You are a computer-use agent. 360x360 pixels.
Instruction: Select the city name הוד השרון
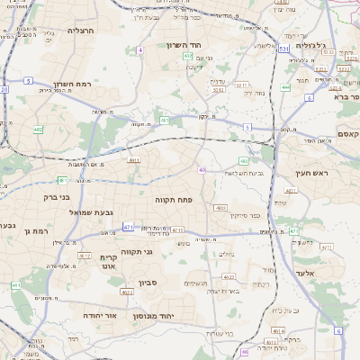point(187,44)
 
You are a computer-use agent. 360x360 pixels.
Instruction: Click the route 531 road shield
point(283,49)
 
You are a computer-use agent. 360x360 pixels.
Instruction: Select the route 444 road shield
point(285,87)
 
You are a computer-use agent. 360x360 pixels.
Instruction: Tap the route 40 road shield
point(202,169)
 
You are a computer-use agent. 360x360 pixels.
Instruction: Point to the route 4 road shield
point(140,49)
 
